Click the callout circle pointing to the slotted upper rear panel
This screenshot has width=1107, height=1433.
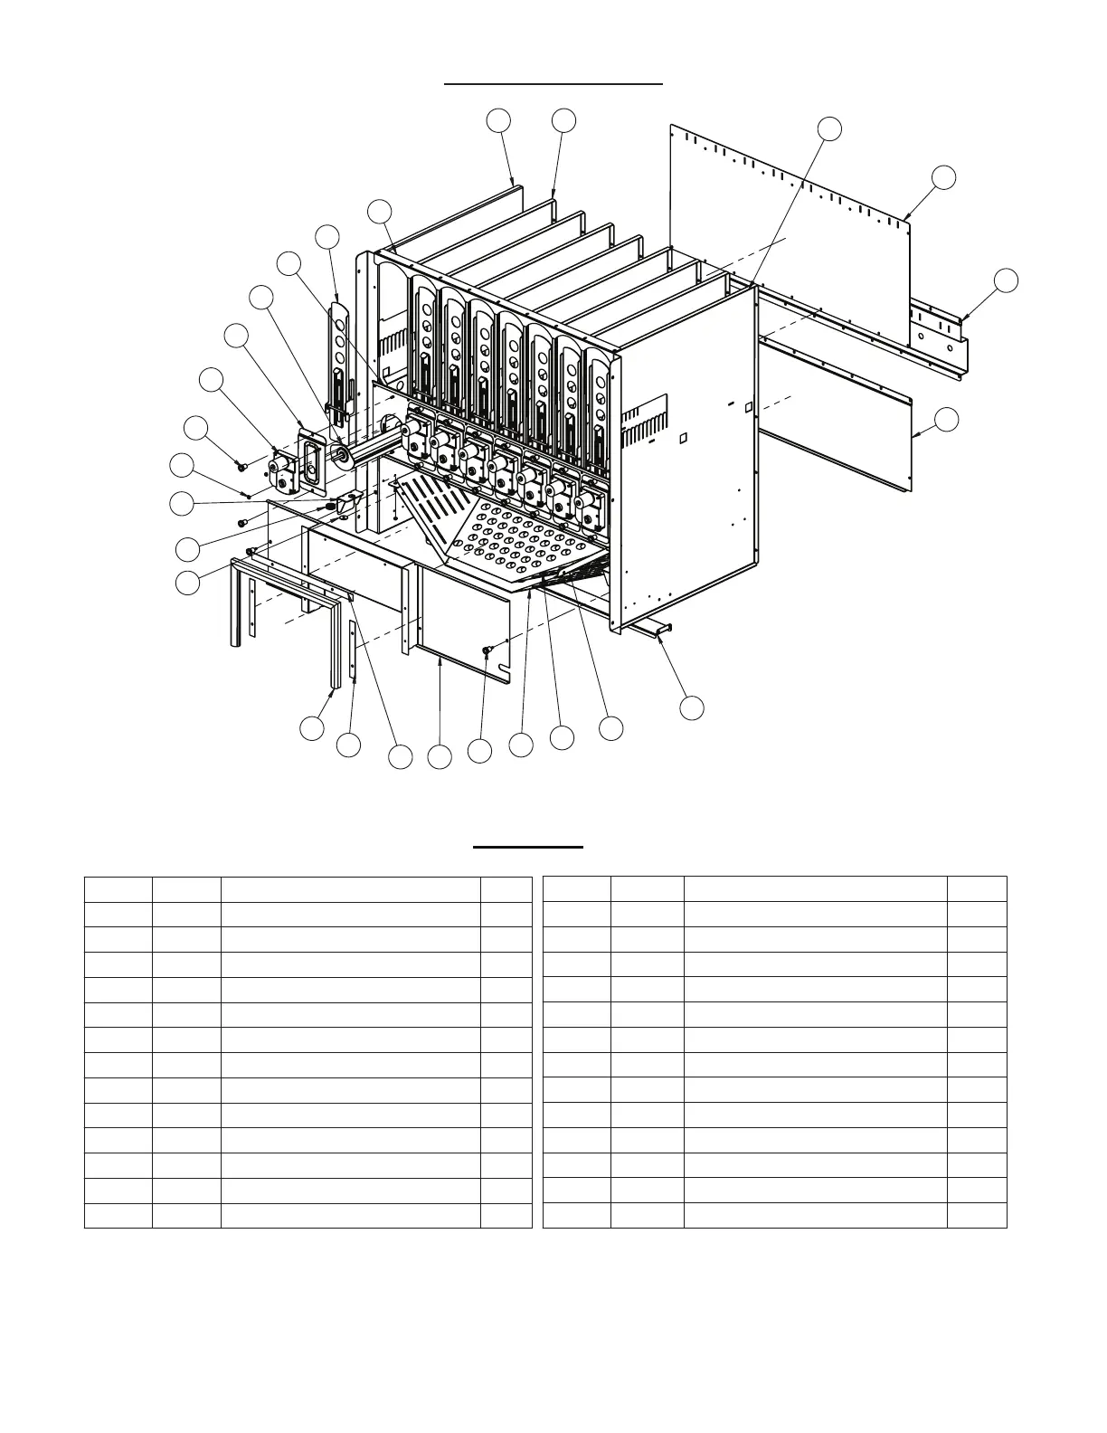[943, 177]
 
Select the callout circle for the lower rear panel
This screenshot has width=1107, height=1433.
[946, 420]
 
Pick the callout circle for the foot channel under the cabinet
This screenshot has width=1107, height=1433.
[692, 707]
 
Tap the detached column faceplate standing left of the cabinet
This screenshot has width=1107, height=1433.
[339, 353]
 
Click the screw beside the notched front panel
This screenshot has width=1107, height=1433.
[487, 650]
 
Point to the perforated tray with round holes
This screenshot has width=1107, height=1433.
[516, 543]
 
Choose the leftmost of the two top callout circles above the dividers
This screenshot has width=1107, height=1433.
[498, 120]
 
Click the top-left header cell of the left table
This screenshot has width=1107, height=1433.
[118, 888]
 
